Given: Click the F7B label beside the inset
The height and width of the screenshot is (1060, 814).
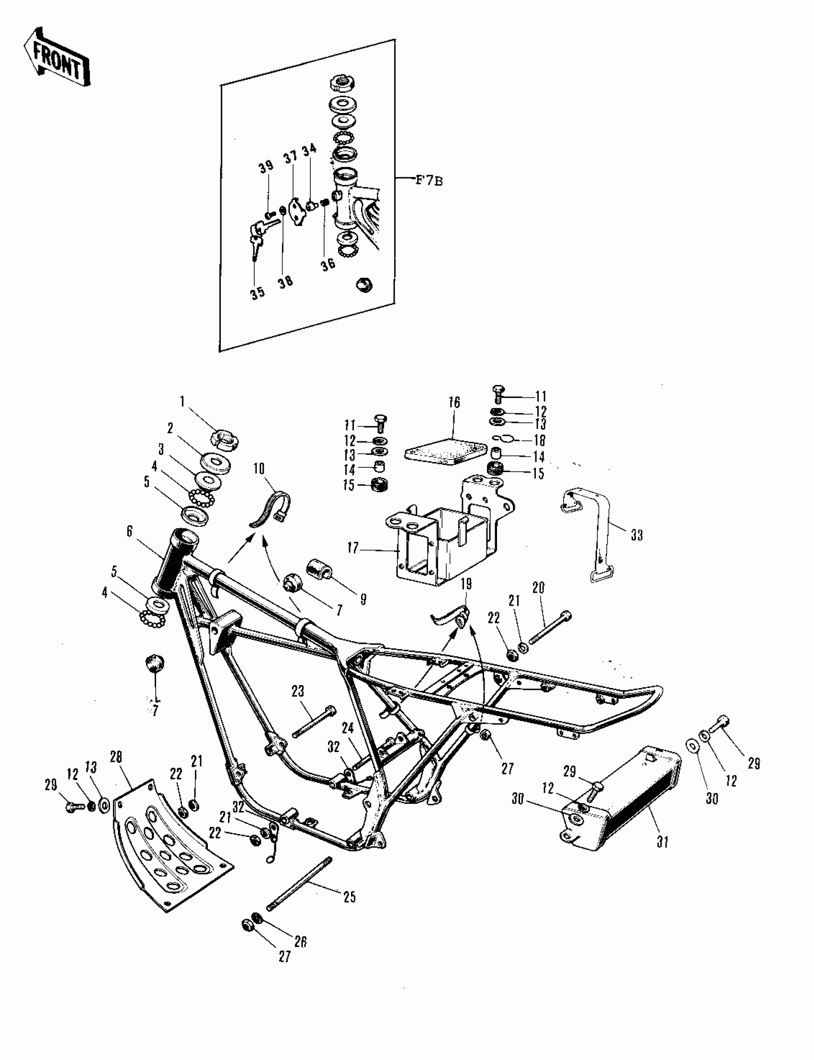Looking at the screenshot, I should coord(430,180).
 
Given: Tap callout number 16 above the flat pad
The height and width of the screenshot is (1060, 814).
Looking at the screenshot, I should coord(454,403).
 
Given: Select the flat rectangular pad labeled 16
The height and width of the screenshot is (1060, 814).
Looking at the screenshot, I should coord(445,452).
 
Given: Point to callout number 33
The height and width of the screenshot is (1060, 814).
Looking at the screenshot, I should coord(636,535).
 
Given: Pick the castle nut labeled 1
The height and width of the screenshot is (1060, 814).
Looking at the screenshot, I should coord(224,440).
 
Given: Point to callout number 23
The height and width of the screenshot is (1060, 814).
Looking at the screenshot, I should coord(297,691).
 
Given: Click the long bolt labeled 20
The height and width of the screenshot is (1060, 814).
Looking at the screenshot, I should coord(550,629).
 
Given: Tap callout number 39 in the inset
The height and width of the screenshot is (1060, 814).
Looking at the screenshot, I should coord(266,167).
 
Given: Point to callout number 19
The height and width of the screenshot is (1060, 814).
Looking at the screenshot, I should coord(465,584).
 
